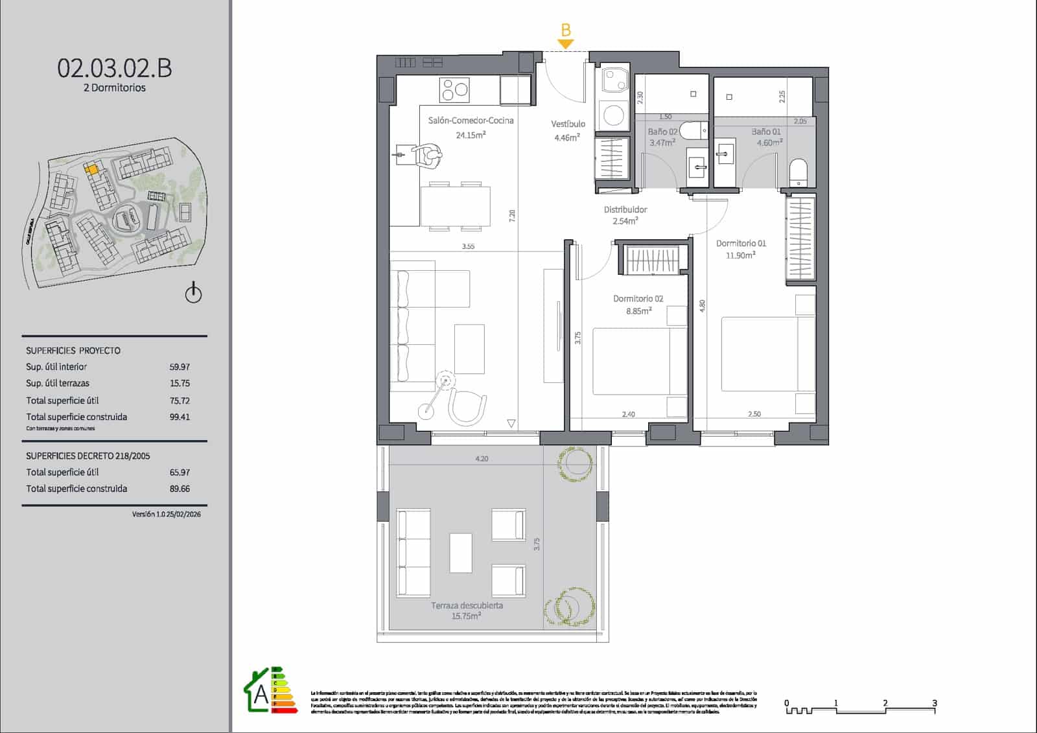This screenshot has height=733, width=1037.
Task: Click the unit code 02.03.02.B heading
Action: coord(115,68)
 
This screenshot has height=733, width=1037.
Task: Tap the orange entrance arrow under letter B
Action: coord(566,44)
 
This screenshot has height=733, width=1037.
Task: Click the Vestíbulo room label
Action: coord(568,124)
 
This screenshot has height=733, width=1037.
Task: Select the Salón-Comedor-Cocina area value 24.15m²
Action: coord(471,135)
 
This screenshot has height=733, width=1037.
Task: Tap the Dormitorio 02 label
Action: coord(638,299)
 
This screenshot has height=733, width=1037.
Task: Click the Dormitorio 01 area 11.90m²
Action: coord(740,255)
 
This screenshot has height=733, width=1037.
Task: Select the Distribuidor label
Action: coord(625,209)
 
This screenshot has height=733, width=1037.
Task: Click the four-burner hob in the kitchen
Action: coord(454,90)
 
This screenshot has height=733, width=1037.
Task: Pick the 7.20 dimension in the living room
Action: coord(512,216)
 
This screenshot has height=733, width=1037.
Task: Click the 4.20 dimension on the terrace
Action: coord(482,458)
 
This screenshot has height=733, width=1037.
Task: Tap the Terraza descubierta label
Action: coord(467,605)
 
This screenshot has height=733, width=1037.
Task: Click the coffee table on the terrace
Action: coord(461,552)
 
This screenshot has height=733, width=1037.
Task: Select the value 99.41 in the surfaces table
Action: coord(180,417)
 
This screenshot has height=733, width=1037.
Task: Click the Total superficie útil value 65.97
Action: coord(180,472)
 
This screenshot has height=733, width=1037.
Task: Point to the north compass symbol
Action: coord(193,293)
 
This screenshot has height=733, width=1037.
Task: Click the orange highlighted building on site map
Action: coord(93,169)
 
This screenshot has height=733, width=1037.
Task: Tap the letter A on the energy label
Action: coord(261,695)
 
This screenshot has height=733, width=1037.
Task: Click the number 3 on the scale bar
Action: coord(934,703)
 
